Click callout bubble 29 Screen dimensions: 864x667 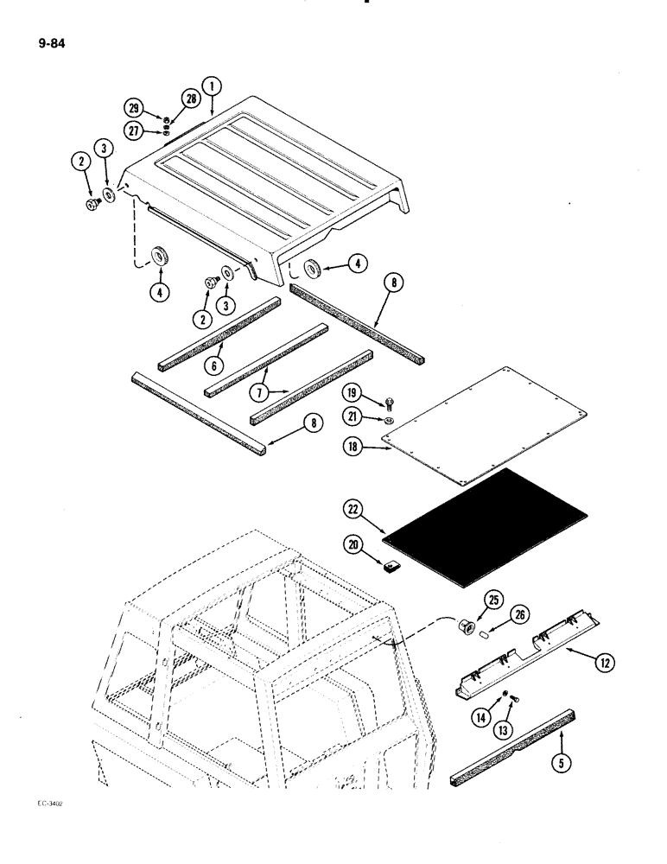[x=133, y=108]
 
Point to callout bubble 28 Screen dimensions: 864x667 [x=190, y=100]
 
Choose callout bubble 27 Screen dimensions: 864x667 [x=133, y=132]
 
